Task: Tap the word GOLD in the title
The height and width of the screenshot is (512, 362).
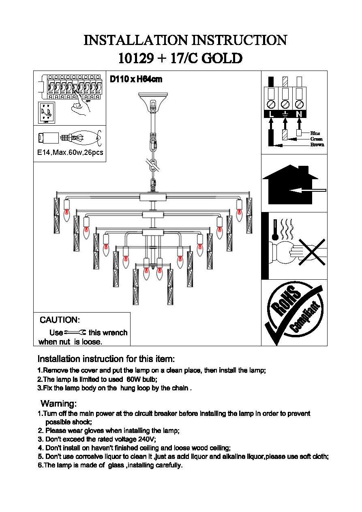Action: [222, 59]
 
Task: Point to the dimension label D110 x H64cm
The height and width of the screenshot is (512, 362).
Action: [136, 79]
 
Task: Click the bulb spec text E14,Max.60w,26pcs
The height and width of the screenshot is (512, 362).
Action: [69, 153]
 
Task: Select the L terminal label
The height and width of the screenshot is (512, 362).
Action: [271, 114]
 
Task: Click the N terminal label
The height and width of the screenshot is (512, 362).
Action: [299, 114]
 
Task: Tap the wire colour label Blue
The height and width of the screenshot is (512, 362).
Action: [315, 133]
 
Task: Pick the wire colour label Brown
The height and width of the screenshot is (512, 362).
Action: [317, 145]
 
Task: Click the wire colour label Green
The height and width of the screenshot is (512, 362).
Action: [316, 139]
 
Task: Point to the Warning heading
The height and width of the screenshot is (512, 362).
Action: [59, 404]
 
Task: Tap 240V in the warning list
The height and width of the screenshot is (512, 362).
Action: [147, 439]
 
